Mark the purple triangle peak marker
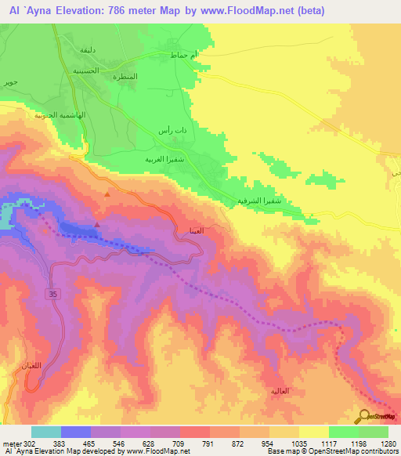(x=97, y=224)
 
